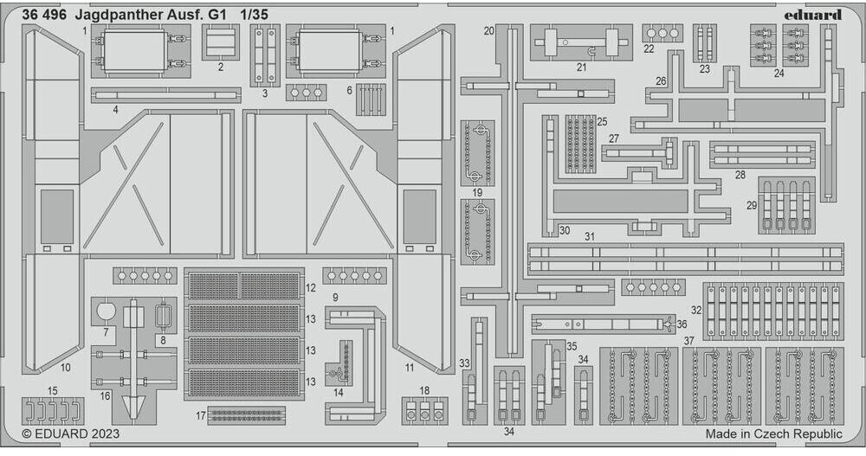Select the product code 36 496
[x=46, y=14]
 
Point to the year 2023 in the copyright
[x=102, y=434]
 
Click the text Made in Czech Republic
[x=773, y=434]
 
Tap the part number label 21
[x=581, y=67]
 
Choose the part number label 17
[x=201, y=415]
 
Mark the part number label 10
[x=66, y=368]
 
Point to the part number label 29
[x=752, y=206]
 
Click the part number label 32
[x=695, y=310]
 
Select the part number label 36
[x=682, y=324]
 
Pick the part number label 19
[x=477, y=191]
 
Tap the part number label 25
[x=601, y=121]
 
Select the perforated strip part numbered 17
[x=247, y=414]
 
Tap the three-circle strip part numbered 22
[x=662, y=34]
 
